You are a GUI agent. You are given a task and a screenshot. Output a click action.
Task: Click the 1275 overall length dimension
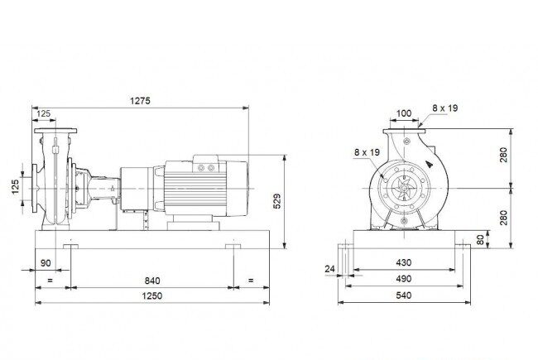pyautogui.click(x=140, y=101)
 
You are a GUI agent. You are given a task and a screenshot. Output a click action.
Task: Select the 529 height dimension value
pyautogui.click(x=276, y=201)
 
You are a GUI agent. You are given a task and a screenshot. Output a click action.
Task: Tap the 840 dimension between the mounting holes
pyautogui.click(x=152, y=281)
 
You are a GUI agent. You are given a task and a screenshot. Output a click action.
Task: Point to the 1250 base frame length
pyautogui.click(x=152, y=295)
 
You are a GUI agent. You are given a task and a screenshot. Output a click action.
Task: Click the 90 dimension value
pyautogui.click(x=46, y=263)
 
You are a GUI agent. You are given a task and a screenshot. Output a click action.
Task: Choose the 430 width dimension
pyautogui.click(x=404, y=262)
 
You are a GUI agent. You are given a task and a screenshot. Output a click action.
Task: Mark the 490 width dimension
pyautogui.click(x=404, y=279)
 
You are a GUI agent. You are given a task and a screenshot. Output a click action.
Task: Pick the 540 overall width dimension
pyautogui.click(x=404, y=295)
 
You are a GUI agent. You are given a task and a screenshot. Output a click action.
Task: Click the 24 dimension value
pyautogui.click(x=329, y=269)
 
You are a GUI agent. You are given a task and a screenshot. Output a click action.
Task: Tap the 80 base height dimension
pyautogui.click(x=480, y=239)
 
